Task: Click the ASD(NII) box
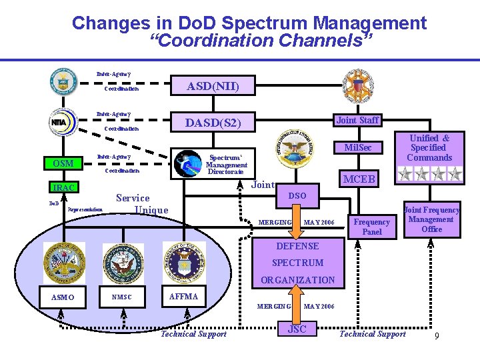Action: (213, 86)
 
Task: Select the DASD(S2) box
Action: (213, 123)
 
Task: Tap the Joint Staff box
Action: (357, 121)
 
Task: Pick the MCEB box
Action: (359, 179)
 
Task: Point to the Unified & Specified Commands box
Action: (429, 148)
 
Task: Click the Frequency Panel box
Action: (372, 227)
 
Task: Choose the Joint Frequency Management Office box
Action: (431, 219)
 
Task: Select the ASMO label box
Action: (63, 297)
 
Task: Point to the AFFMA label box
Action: (183, 297)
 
